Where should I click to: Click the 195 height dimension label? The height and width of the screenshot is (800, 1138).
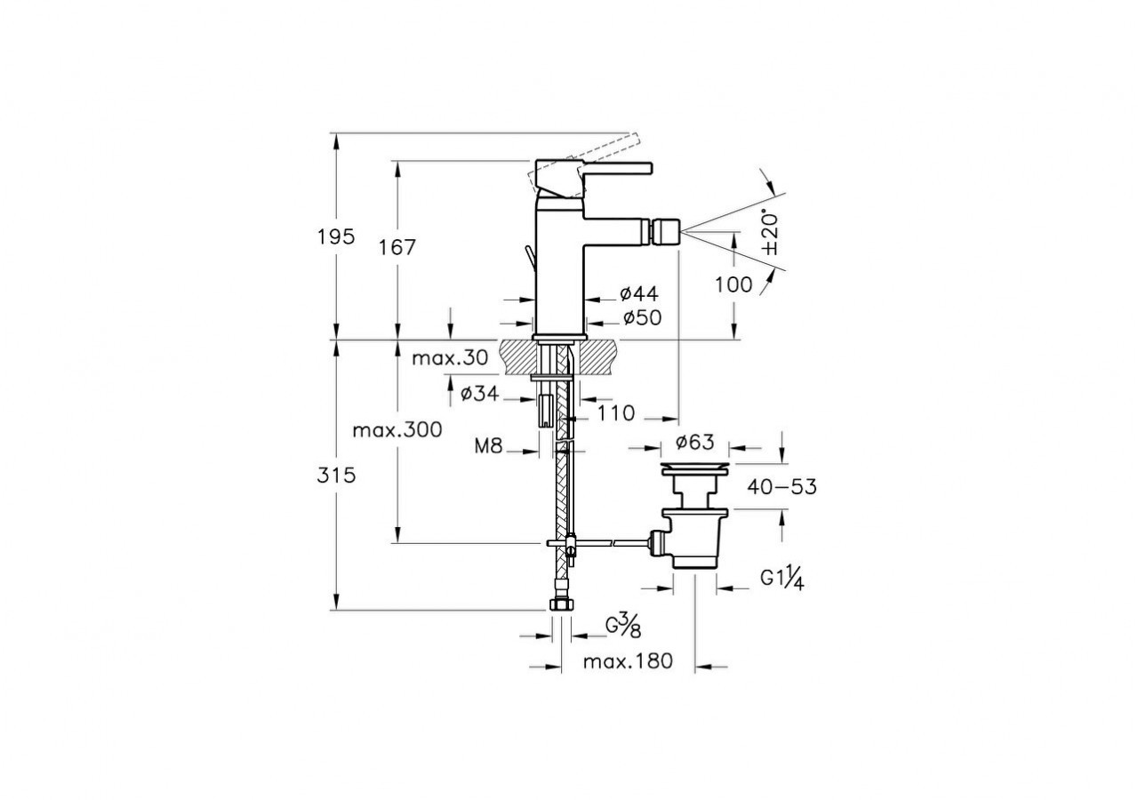point(336,237)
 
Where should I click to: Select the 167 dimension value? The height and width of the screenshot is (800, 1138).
point(397,247)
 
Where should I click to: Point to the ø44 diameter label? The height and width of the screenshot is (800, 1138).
point(639,293)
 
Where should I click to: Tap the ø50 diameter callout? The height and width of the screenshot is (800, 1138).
point(642,318)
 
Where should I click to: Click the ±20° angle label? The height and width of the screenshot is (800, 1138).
point(770,233)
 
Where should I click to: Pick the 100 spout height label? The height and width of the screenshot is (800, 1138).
point(733,285)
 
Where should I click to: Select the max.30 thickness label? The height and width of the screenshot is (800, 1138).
point(450,358)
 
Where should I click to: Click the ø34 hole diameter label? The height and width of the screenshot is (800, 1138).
point(480,393)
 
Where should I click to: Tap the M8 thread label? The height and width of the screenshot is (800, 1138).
point(488,446)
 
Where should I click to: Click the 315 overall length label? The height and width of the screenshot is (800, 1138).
point(336,476)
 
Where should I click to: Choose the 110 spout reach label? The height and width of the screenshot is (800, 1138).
point(616,413)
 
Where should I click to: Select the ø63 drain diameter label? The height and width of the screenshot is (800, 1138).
point(695,442)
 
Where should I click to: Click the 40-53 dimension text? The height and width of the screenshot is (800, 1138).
point(781,487)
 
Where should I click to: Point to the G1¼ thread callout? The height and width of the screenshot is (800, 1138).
point(781,580)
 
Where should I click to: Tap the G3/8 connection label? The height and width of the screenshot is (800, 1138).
point(623,628)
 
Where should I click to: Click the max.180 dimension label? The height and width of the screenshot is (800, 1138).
point(628,661)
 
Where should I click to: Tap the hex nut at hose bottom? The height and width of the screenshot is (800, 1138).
point(561,604)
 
